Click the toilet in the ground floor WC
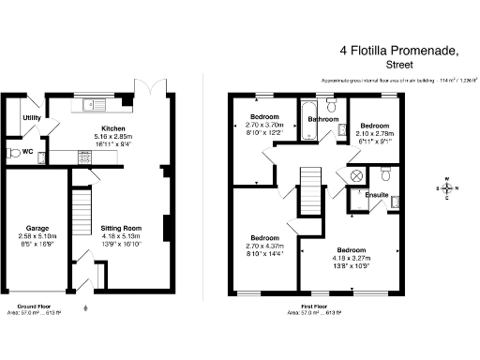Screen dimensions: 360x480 (13, 151)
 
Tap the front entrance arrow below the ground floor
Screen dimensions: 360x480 (85, 307)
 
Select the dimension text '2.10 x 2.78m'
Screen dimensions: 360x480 (375, 133)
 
